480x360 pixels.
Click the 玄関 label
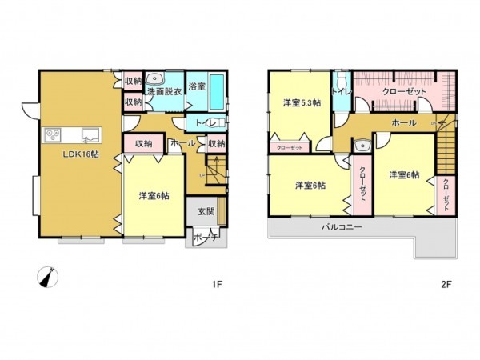coord(205,212)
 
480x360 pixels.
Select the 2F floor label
coord(446,283)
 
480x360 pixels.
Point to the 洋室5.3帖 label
coord(301,103)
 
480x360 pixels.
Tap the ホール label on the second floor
coord(402,122)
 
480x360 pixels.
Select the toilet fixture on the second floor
coord(342,83)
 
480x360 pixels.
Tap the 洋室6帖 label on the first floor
coord(153,196)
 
